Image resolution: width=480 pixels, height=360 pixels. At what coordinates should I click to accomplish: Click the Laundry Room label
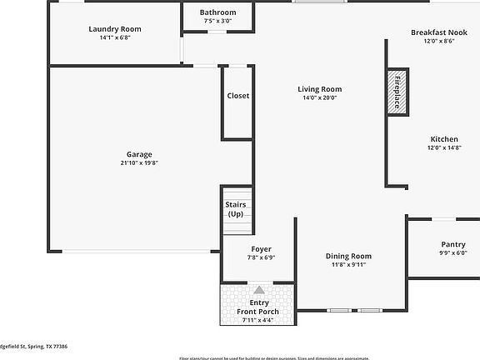click(x=115, y=29)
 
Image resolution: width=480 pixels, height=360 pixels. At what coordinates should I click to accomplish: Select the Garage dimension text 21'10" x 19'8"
click(x=139, y=163)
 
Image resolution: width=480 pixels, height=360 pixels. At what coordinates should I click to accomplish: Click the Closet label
click(x=238, y=96)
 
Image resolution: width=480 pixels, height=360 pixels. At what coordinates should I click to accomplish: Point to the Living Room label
click(x=320, y=89)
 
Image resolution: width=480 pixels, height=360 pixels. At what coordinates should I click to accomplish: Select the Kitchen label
click(x=444, y=139)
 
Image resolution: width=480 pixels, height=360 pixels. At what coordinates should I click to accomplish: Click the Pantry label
click(x=453, y=244)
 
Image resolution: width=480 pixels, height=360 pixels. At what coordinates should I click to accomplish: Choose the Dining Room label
click(x=348, y=256)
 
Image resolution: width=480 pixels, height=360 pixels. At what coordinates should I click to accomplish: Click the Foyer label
click(x=262, y=249)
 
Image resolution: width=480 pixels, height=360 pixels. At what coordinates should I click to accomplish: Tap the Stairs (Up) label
click(x=236, y=209)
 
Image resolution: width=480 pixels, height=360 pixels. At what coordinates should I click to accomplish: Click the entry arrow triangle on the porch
click(x=259, y=289)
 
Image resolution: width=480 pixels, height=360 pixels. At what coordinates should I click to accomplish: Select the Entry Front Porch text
click(x=261, y=307)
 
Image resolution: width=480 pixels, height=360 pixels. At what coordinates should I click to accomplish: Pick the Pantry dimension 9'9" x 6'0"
click(x=453, y=253)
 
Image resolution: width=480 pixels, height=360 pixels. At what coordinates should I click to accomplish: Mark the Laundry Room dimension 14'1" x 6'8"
click(x=115, y=37)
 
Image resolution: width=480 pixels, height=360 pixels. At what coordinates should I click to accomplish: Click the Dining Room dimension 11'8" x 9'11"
click(x=348, y=265)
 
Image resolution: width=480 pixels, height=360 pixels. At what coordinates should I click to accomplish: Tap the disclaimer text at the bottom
click(x=274, y=357)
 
